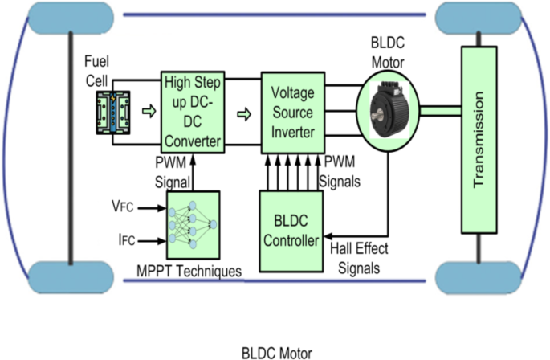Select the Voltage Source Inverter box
click(292, 113)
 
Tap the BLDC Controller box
click(291, 231)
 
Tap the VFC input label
click(122, 207)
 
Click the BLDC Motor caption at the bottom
click(275, 352)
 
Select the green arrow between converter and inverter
click(243, 112)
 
